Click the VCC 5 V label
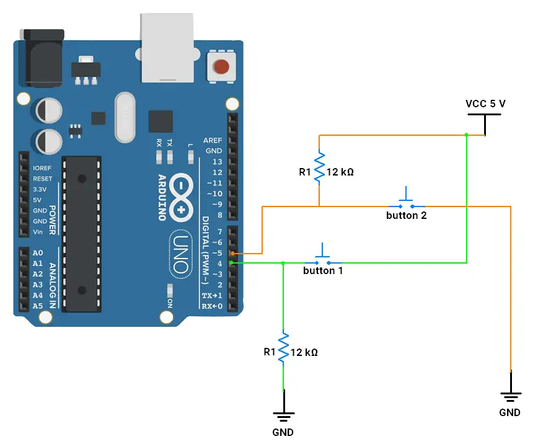point(485,104)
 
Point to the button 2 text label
point(406,216)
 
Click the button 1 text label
point(322,271)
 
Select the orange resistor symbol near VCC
point(319,167)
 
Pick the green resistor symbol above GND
point(283,348)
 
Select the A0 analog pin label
point(37,253)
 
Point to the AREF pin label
point(213,141)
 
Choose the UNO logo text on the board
point(180,254)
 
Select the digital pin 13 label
point(217,162)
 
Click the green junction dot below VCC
point(466,134)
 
